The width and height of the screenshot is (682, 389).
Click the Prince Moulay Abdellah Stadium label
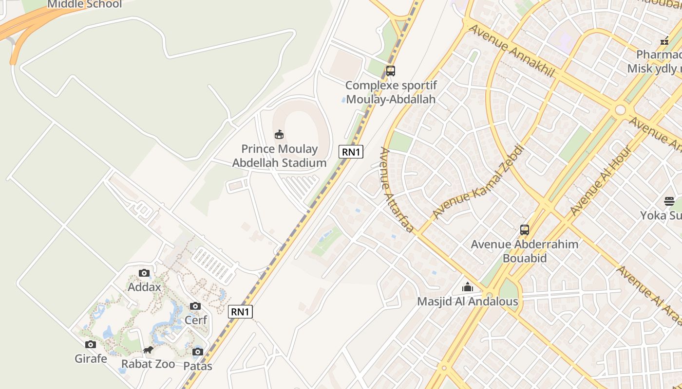click(x=279, y=156)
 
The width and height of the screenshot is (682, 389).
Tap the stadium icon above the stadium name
click(x=279, y=134)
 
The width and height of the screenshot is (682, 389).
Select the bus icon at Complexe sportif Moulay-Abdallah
click(x=390, y=71)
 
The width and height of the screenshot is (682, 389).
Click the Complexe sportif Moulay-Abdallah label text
click(x=391, y=92)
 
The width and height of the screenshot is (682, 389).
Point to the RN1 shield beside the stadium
click(x=351, y=152)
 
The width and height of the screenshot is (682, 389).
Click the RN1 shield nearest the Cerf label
click(x=240, y=312)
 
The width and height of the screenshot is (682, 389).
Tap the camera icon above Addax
click(x=144, y=273)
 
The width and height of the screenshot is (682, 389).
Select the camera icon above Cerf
click(x=195, y=306)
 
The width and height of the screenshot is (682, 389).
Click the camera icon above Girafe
click(x=91, y=345)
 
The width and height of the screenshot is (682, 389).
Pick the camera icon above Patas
click(x=197, y=352)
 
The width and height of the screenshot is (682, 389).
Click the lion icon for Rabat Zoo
click(x=148, y=350)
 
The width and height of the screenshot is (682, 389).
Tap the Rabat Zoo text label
click(x=148, y=364)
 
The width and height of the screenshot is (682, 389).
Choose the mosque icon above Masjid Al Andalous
click(x=468, y=287)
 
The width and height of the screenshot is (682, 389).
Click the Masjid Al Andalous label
click(x=468, y=301)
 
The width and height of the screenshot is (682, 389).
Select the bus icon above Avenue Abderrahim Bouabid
click(x=525, y=230)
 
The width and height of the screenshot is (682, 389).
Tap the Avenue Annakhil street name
click(x=511, y=50)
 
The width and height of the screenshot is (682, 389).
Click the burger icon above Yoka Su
click(x=669, y=201)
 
